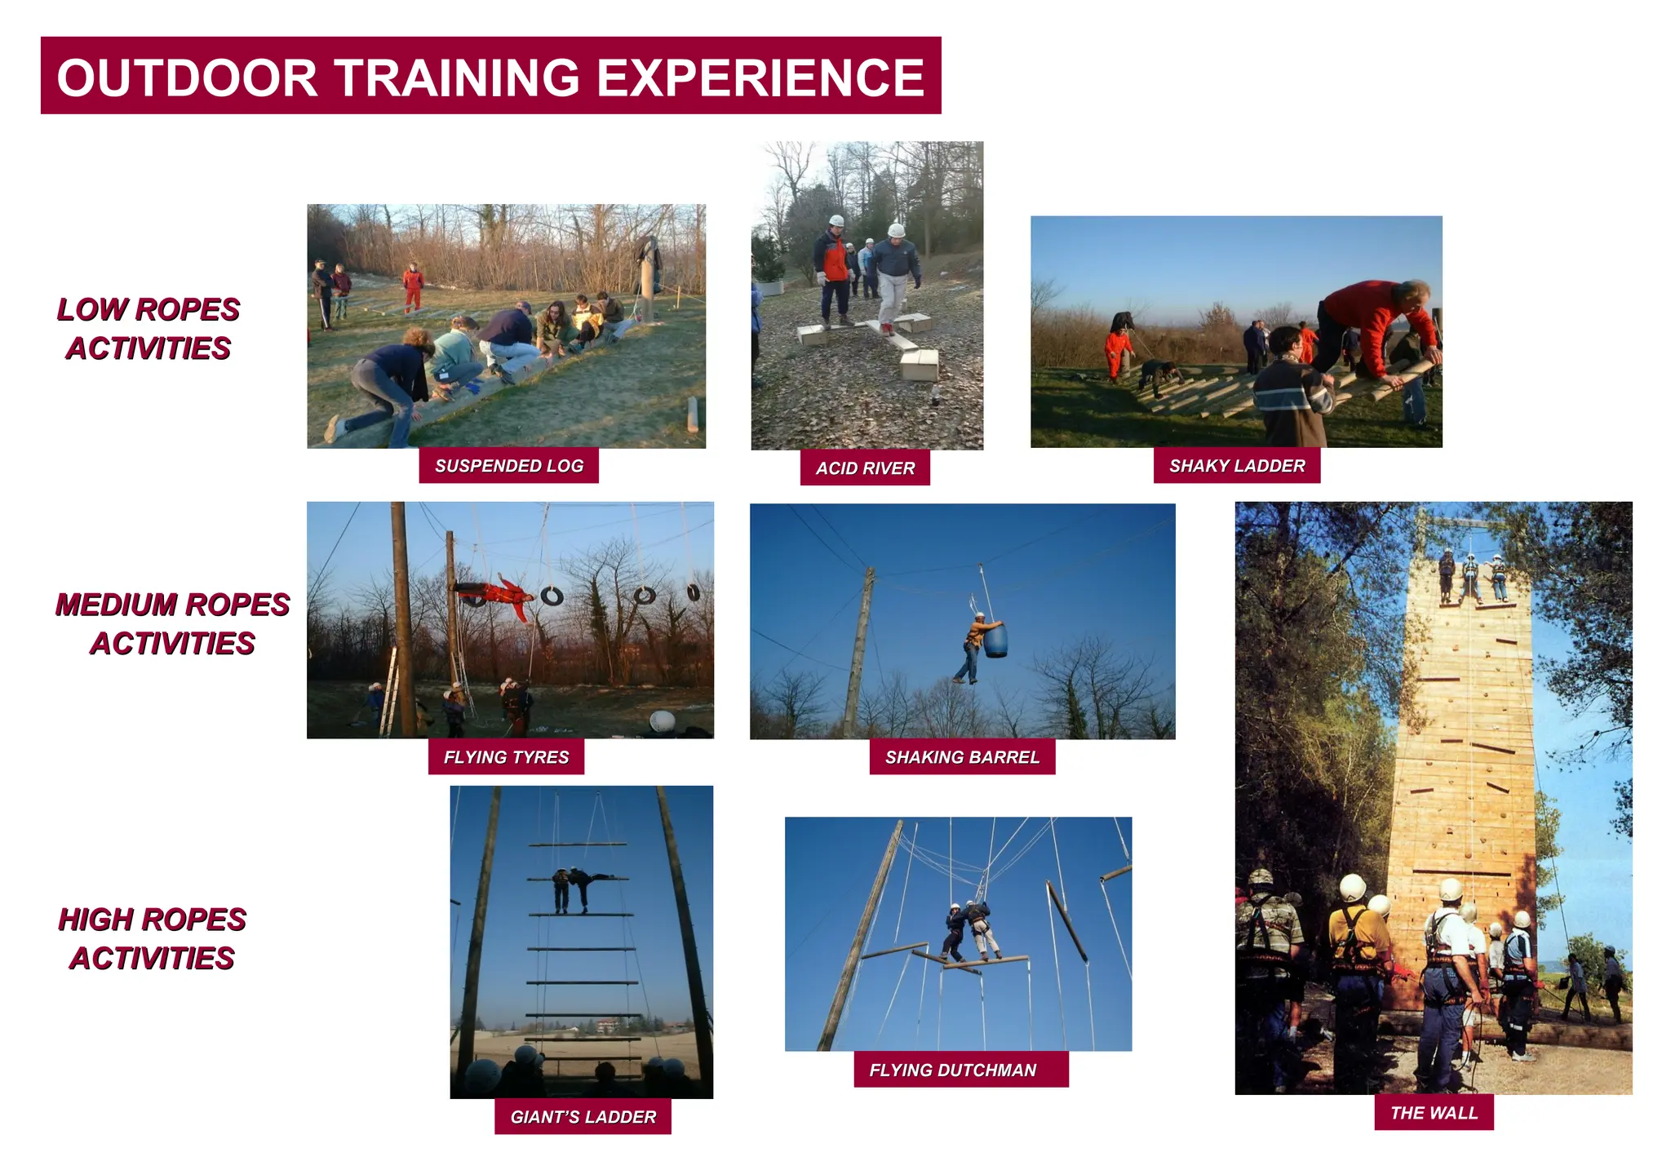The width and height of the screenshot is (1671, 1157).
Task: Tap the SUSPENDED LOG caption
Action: click(508, 466)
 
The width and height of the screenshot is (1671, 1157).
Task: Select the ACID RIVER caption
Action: click(865, 468)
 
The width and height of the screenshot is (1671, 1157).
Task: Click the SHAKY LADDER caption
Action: click(1236, 466)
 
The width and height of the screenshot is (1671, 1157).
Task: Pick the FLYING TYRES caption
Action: click(506, 757)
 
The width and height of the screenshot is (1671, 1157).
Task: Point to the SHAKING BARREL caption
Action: click(962, 757)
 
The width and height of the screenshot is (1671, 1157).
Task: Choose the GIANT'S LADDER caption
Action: click(583, 1117)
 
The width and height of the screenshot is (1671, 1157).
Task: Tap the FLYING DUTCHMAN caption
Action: click(952, 1070)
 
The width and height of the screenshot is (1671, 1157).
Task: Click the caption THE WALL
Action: click(1434, 1113)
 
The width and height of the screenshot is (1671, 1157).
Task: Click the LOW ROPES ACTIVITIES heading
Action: click(148, 329)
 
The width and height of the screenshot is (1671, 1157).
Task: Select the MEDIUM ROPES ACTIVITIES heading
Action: click(172, 624)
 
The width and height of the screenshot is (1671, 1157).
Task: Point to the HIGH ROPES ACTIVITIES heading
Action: click(152, 938)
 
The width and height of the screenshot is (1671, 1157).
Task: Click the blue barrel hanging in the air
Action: click(995, 640)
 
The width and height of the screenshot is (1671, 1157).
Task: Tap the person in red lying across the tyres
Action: click(494, 594)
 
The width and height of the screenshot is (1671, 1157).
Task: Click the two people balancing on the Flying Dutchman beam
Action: click(969, 930)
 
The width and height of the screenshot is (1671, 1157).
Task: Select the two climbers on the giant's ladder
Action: click(574, 888)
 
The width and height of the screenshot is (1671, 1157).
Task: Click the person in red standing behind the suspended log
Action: click(413, 286)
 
